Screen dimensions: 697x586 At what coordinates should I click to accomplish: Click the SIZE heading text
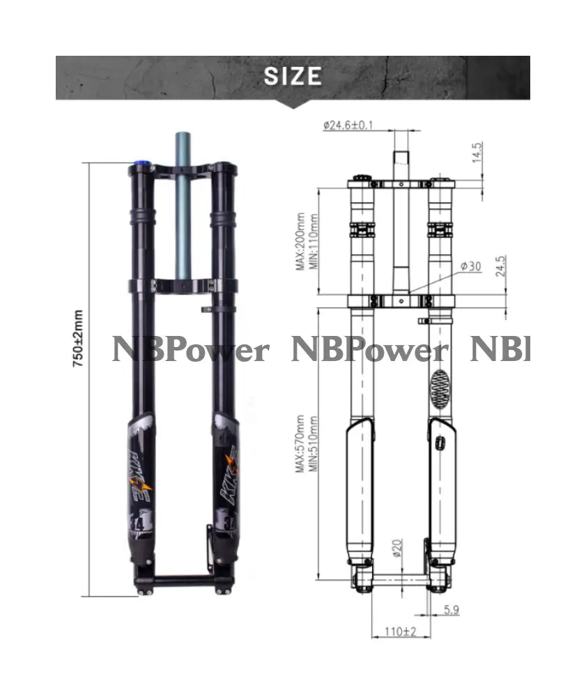pos(293,75)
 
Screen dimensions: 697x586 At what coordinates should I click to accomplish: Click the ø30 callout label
pos(470,267)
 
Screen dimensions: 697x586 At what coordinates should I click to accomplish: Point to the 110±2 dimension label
pos(400,631)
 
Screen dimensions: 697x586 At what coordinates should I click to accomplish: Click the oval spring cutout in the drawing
pos(440,388)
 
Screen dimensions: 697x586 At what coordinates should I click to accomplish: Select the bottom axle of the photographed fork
pos(183,580)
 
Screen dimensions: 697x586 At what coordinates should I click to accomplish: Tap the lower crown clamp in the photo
pos(183,285)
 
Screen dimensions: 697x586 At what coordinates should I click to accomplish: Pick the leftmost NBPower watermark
pos(190,350)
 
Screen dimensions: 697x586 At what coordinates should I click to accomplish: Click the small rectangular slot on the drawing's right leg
pos(440,443)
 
